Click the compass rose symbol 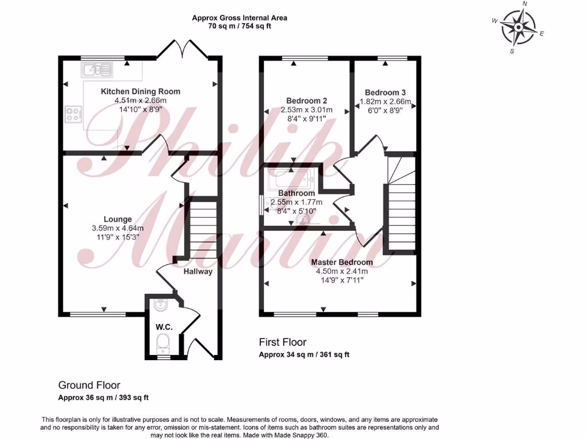pyautogui.click(x=518, y=27)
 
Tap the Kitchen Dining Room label pyautogui.click(x=140, y=91)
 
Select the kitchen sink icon pyautogui.click(x=97, y=70)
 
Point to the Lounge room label pyautogui.click(x=118, y=219)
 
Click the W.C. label pyautogui.click(x=164, y=327)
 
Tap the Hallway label pyautogui.click(x=198, y=272)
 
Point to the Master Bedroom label pyautogui.click(x=342, y=262)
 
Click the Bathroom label pyautogui.click(x=296, y=193)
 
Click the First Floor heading pyautogui.click(x=283, y=342)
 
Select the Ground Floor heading pyautogui.click(x=89, y=386)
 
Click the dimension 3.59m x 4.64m pyautogui.click(x=118, y=228)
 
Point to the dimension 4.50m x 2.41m pyautogui.click(x=342, y=272)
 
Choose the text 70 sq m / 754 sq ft pyautogui.click(x=239, y=26)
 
